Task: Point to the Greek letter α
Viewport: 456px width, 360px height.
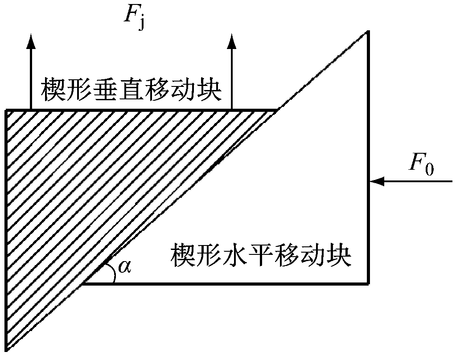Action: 124,266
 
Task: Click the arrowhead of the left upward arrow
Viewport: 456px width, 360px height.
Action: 31,41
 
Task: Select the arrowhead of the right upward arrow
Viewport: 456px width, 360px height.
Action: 231,41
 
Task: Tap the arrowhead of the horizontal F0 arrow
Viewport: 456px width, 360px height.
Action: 377,181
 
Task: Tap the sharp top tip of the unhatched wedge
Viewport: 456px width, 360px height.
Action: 368,31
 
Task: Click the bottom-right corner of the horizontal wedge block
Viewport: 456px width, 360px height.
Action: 369,282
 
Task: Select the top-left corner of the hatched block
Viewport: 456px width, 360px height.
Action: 6,110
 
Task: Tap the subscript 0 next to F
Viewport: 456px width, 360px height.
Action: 429,169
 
